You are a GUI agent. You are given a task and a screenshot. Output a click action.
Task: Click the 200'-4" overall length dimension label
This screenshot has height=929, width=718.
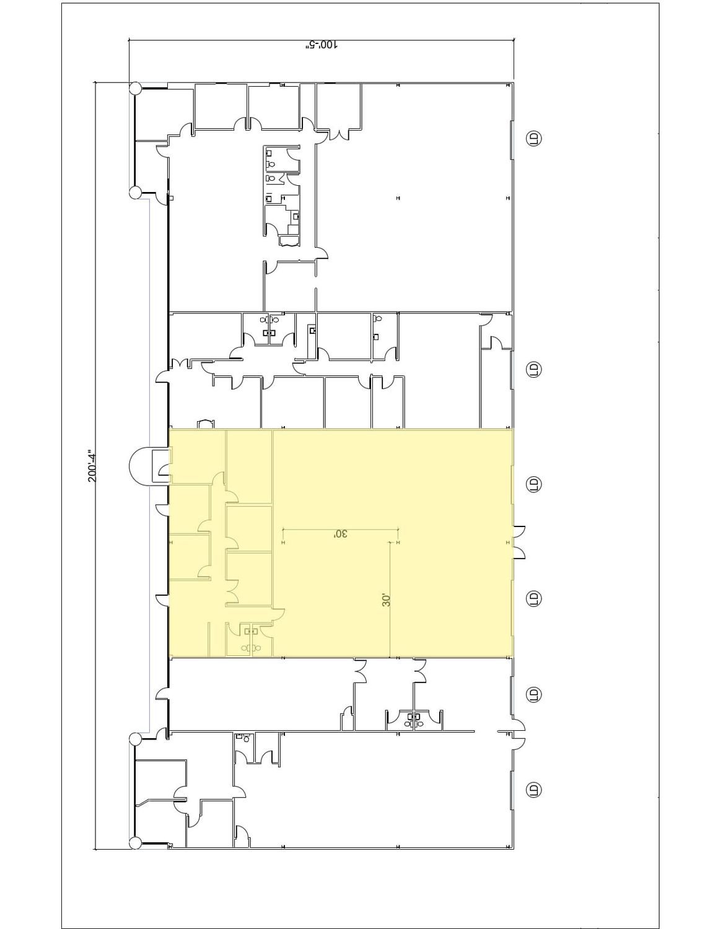pyautogui.click(x=92, y=466)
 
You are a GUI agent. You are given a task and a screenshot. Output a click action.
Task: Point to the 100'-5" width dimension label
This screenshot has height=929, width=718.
pyautogui.click(x=321, y=45)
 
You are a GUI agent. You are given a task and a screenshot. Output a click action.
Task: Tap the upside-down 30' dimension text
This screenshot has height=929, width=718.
pyautogui.click(x=340, y=534)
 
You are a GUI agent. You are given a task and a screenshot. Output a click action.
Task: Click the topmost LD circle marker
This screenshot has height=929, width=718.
pyautogui.click(x=533, y=139)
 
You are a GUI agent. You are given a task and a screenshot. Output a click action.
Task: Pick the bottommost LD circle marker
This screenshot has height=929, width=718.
pyautogui.click(x=533, y=790)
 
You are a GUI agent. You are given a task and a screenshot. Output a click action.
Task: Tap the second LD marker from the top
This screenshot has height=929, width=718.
pyautogui.click(x=533, y=369)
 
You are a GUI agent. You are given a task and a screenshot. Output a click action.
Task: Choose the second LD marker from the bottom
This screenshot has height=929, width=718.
pyautogui.click(x=533, y=694)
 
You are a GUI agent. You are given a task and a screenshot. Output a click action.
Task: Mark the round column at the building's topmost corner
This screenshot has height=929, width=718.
pyautogui.click(x=135, y=89)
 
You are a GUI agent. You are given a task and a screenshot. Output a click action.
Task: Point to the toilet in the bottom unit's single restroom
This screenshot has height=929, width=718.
pyautogui.click(x=247, y=738)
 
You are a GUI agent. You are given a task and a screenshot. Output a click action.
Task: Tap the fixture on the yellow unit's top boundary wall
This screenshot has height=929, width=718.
pyautogui.click(x=205, y=424)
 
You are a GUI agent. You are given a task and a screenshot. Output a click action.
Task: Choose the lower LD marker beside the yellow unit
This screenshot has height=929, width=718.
pyautogui.click(x=533, y=598)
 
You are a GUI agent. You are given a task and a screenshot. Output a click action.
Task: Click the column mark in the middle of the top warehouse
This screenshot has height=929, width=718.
pyautogui.click(x=398, y=198)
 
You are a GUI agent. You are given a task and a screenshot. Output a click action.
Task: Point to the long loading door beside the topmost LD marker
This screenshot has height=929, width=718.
pyautogui.click(x=512, y=140)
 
